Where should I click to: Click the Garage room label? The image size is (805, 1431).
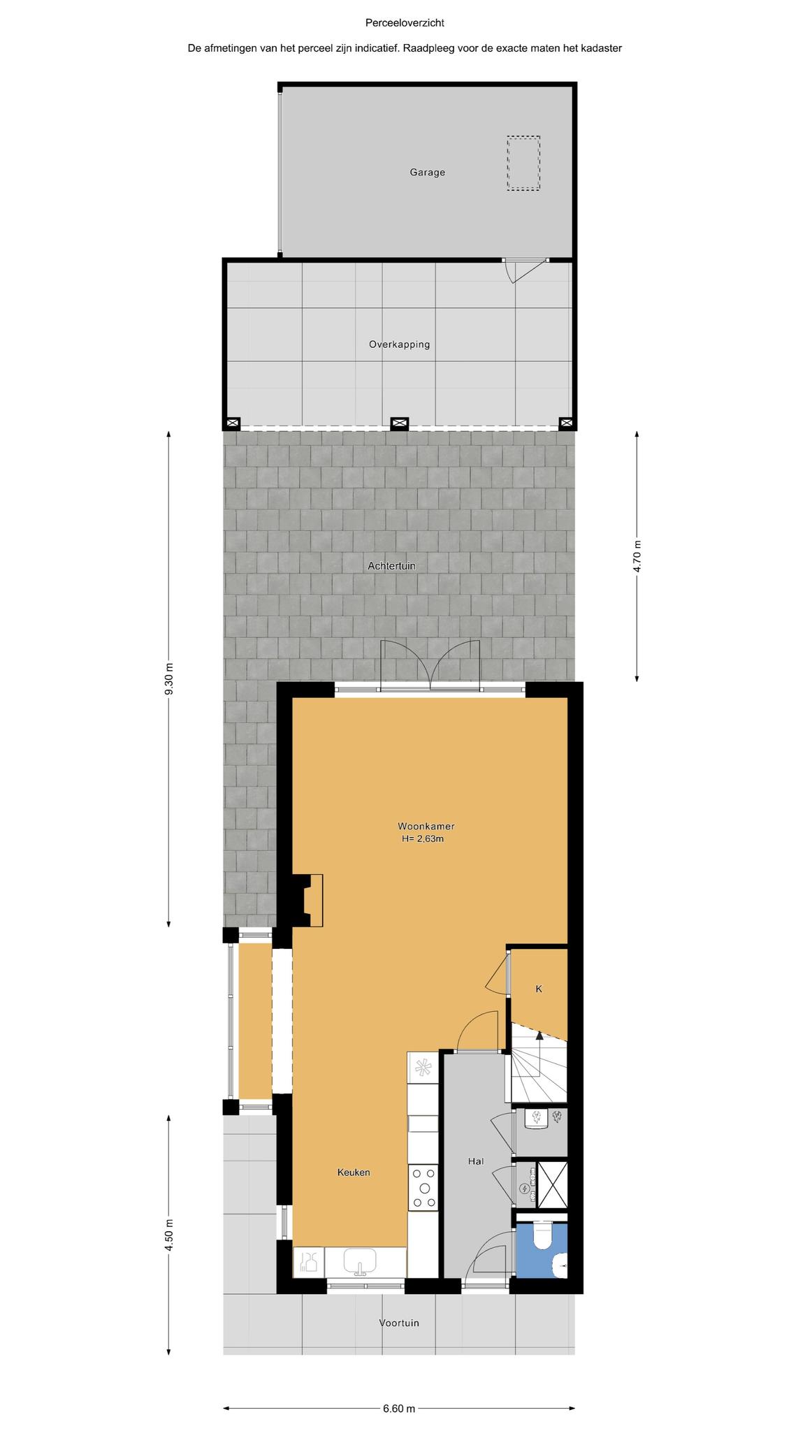pos(427,173)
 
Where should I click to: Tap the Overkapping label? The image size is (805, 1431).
pos(399,344)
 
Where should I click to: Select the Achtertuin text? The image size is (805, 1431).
pos(391,566)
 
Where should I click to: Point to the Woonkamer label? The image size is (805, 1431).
pos(426,827)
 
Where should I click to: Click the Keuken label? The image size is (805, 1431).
pos(354,1172)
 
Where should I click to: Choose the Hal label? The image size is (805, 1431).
pos(476,1161)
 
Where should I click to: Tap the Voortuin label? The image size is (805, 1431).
pos(399,1323)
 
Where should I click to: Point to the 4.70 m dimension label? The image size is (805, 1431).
pos(637,557)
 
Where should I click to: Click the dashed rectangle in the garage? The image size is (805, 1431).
pos(523,164)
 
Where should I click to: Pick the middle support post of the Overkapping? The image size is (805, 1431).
pos(399,423)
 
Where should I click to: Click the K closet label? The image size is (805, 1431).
pos(539,989)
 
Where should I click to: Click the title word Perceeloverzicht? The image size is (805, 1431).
pos(405,23)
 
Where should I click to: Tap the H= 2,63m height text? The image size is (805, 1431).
pos(423,839)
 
